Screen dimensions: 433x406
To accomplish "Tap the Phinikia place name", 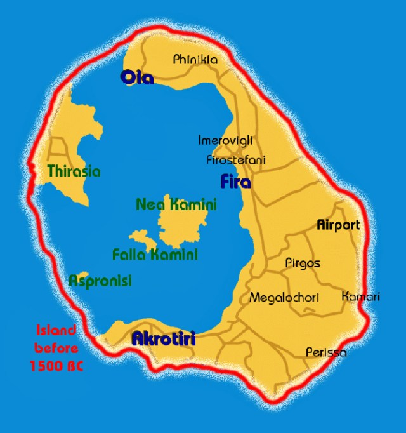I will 195,60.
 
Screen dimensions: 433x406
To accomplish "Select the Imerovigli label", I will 222,139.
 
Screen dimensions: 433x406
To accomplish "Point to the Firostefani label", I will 236,159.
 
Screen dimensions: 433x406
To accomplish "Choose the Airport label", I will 337,225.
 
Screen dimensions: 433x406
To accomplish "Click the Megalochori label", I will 284,297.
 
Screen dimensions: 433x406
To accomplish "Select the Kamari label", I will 360,296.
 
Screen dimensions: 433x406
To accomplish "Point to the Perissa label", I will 326,352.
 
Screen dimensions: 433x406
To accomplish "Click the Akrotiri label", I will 163,340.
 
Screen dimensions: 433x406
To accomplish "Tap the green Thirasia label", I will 74,171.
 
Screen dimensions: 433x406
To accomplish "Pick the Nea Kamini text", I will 176,204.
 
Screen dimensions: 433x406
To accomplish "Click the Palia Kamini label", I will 155,255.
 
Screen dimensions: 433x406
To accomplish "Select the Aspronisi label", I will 100,281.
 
